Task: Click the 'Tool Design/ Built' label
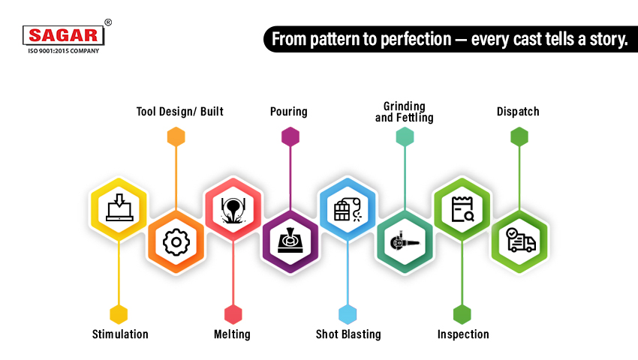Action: [x=179, y=112]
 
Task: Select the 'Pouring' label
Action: [x=289, y=112]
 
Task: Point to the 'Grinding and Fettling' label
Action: [x=405, y=112]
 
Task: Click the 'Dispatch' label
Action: [x=518, y=112]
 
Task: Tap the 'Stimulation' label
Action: [x=120, y=334]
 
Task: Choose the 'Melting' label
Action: [x=232, y=334]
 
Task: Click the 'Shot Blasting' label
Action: [x=348, y=334]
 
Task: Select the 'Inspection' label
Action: [x=463, y=334]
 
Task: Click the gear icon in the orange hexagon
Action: [x=176, y=241]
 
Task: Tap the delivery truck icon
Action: [x=519, y=241]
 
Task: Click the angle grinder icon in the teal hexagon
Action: [x=405, y=241]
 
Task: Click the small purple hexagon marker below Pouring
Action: [x=290, y=136]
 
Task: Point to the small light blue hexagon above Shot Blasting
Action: [x=348, y=314]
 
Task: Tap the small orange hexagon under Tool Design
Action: [x=176, y=136]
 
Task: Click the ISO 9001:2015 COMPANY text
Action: [x=64, y=51]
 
